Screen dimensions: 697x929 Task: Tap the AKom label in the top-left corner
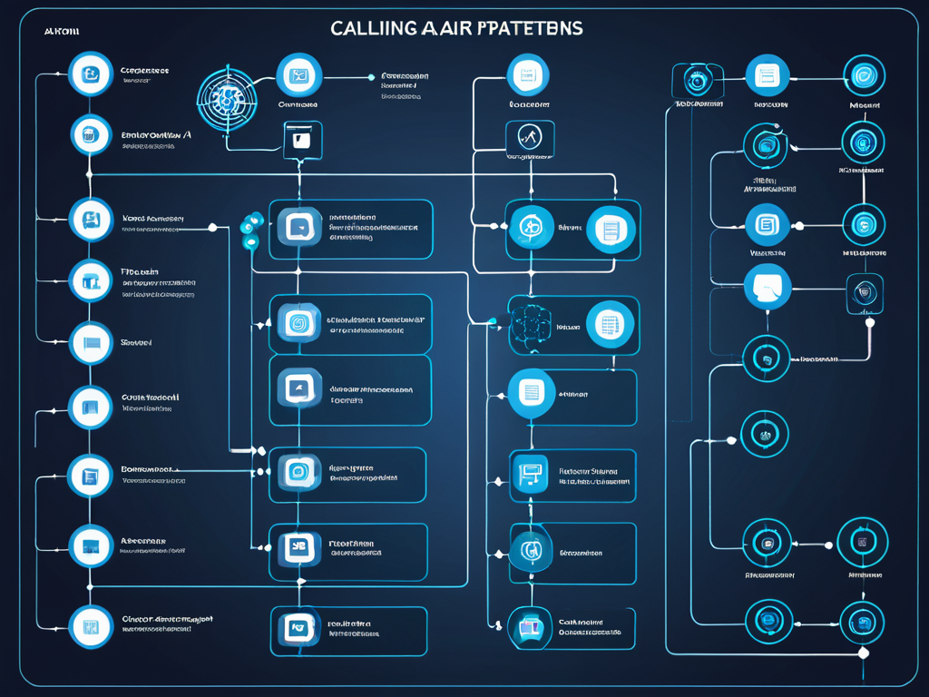[62, 31]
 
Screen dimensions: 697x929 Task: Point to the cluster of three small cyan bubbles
[250, 230]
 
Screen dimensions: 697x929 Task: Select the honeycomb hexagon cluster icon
[530, 323]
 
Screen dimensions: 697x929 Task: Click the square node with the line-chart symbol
[529, 137]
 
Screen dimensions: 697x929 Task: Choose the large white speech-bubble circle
[767, 289]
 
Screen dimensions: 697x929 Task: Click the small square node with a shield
[865, 294]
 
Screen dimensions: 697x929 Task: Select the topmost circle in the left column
[91, 75]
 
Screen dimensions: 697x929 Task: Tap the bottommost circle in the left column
[91, 626]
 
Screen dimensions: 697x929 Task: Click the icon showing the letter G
[530, 549]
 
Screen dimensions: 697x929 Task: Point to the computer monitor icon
[530, 472]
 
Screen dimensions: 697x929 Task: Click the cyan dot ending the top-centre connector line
[371, 76]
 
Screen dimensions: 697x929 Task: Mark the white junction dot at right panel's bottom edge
[864, 653]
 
